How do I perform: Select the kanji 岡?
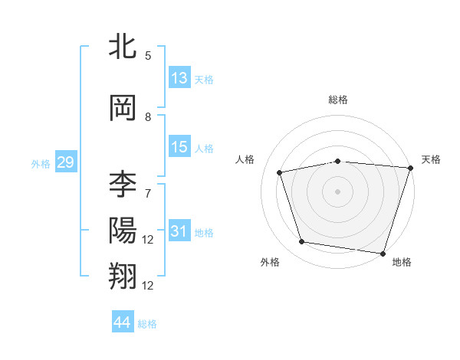point(123,110)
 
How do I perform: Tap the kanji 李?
point(123,185)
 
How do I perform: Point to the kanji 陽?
point(123,231)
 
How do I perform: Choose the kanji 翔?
point(123,276)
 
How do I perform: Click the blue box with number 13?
point(179,79)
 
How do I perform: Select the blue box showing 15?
point(179,148)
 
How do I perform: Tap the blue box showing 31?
point(179,232)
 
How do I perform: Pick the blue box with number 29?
point(65,162)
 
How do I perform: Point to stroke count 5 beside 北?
point(148,56)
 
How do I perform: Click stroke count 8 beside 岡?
point(148,117)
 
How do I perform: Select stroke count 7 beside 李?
point(148,193)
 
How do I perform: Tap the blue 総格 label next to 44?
point(147,324)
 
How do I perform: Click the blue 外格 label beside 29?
point(41,163)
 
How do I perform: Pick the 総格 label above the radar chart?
point(337,100)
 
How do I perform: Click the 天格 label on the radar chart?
point(431,159)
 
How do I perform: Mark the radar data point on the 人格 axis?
point(280,172)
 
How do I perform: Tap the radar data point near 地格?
point(383,253)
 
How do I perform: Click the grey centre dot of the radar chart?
point(337,191)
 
